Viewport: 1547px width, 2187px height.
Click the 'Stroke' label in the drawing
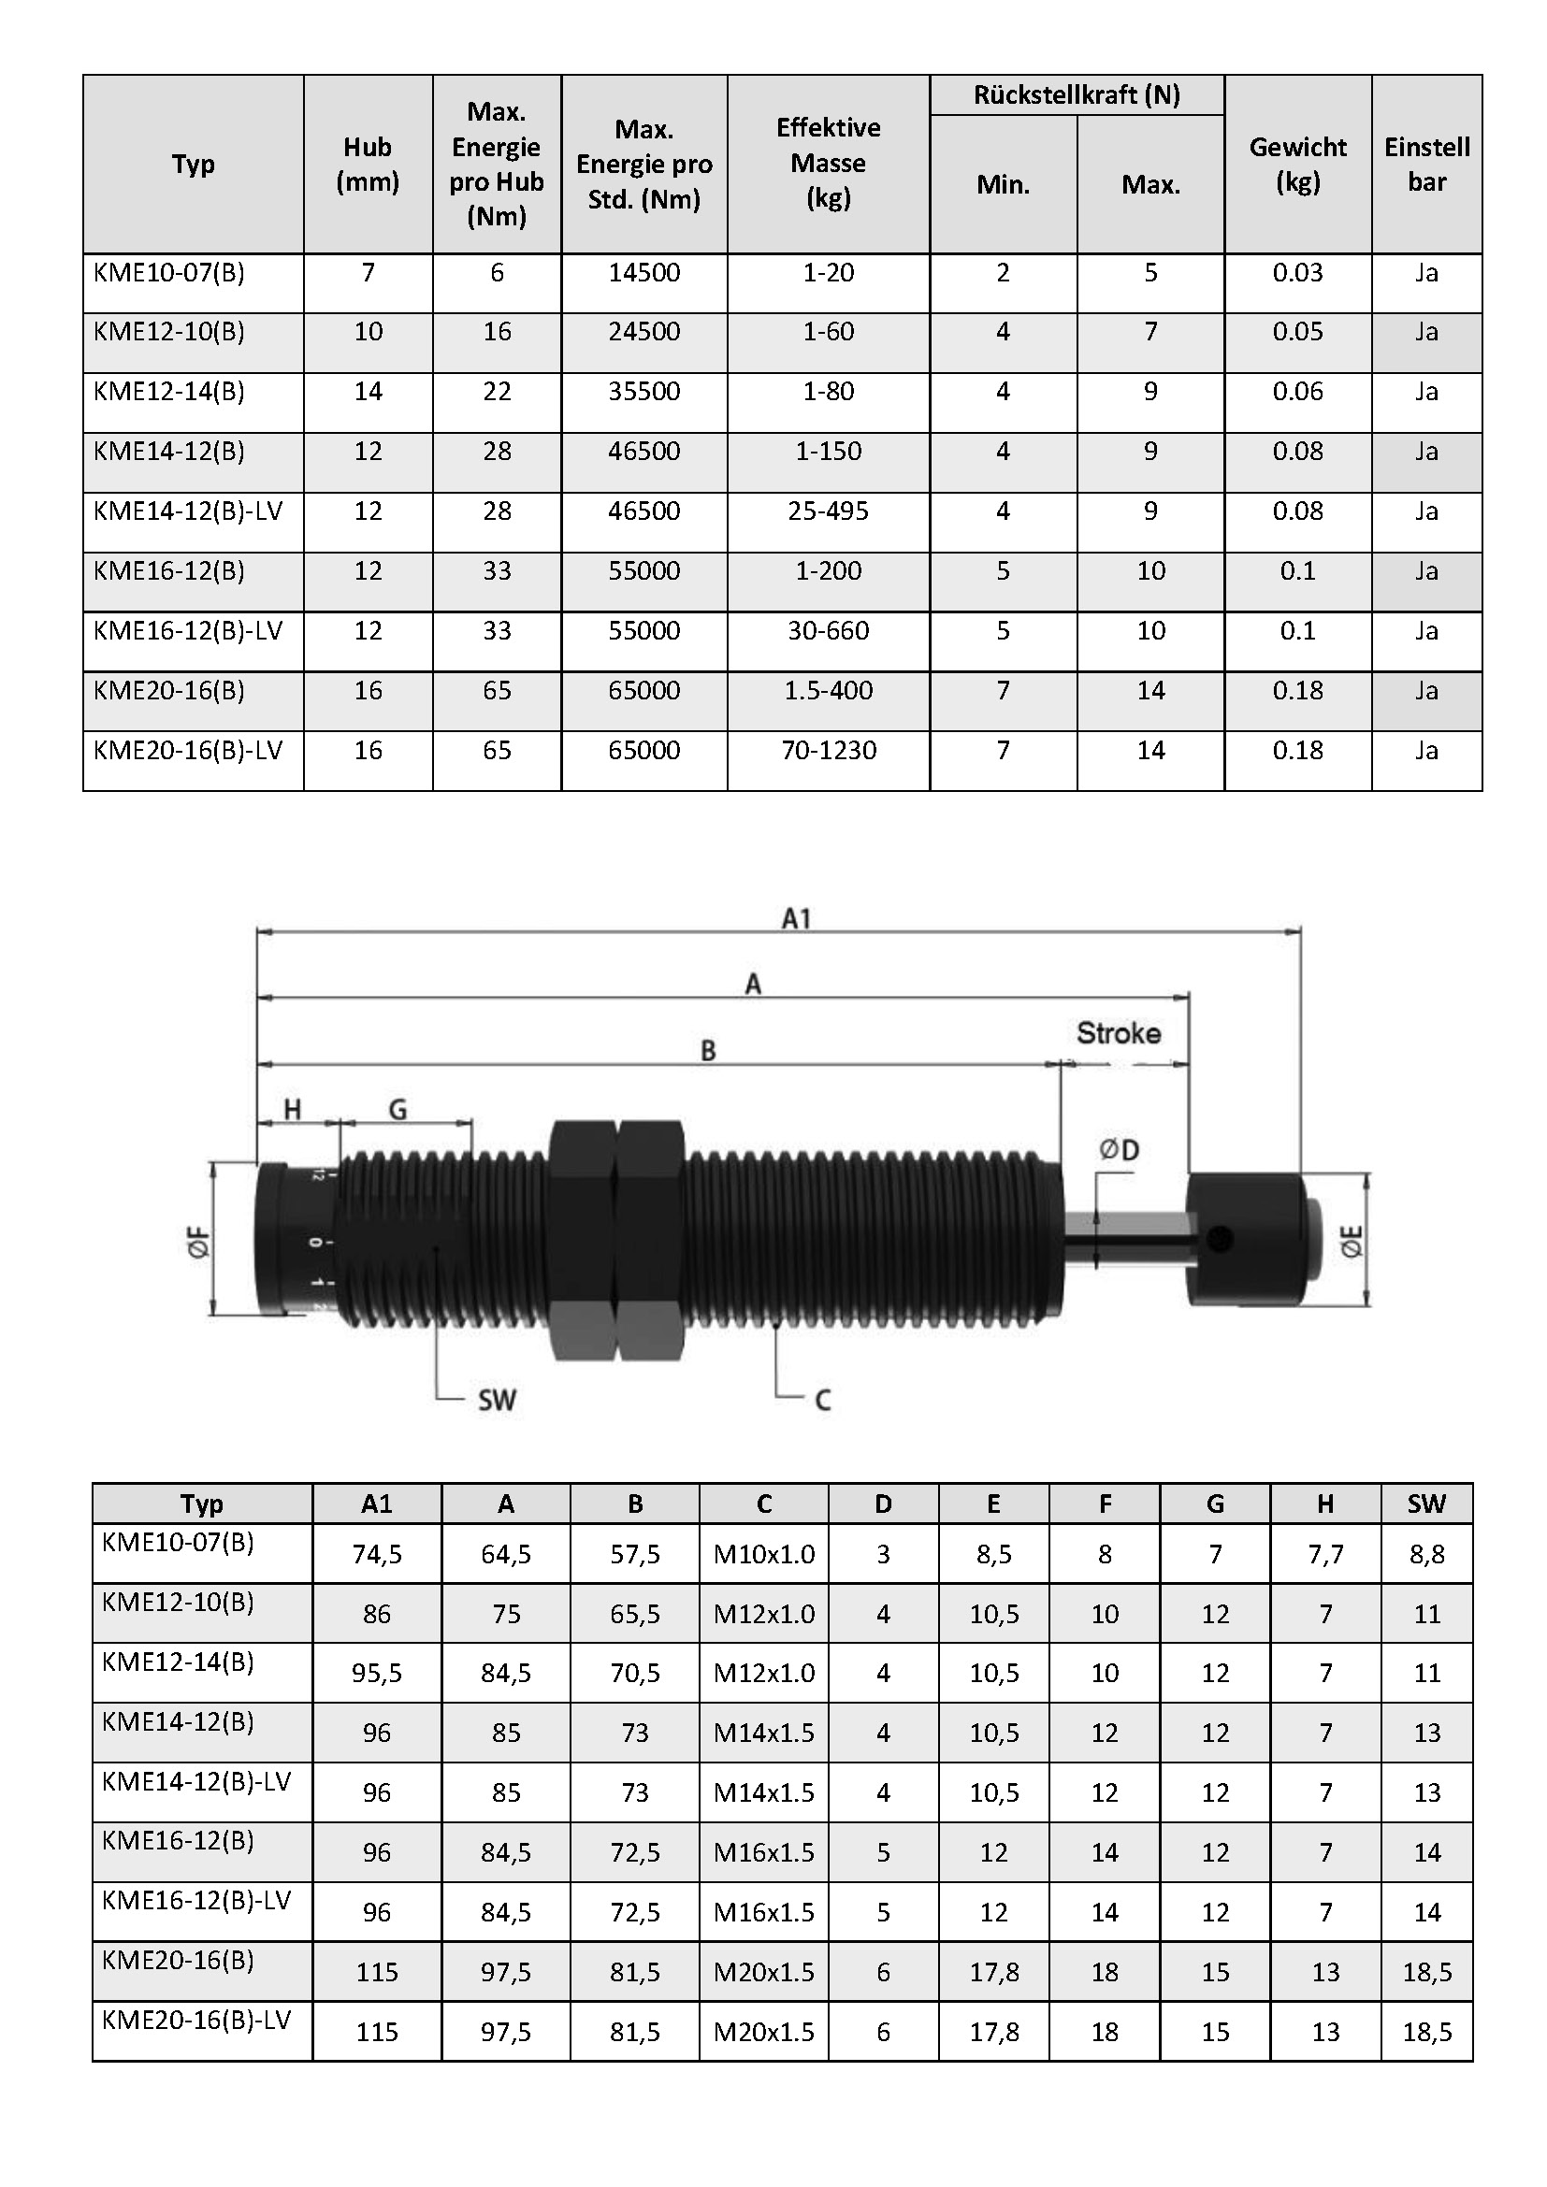coord(1119,1033)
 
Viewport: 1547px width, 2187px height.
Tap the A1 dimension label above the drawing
coord(796,919)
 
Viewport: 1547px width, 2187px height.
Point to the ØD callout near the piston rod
coord(1120,1151)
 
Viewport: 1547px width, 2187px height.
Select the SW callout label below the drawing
coord(497,1401)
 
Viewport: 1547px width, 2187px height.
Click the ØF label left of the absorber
coord(199,1243)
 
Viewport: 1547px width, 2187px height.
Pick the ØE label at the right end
coord(1352,1241)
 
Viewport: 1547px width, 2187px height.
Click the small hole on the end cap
coord(1220,1239)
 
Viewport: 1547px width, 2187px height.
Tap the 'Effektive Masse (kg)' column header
coord(829,163)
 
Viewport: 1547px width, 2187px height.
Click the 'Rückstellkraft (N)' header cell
coord(1077,95)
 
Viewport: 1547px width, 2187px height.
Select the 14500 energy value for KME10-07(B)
coord(645,273)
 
